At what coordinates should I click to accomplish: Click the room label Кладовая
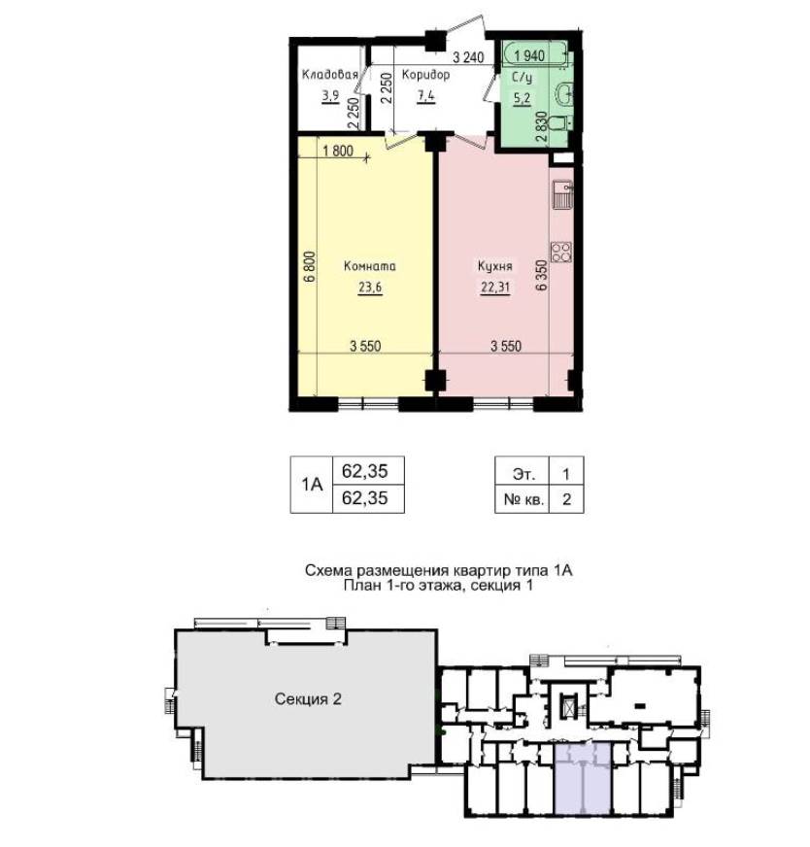(329, 75)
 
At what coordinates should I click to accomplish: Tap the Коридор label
(425, 75)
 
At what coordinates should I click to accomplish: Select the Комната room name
(370, 266)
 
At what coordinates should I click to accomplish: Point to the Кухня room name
(494, 266)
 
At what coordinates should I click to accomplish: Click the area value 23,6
(370, 287)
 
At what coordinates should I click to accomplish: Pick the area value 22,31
(495, 287)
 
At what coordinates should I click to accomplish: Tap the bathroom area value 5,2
(523, 98)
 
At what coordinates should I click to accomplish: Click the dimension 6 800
(310, 267)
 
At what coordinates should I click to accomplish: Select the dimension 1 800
(338, 151)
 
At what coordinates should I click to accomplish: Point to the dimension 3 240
(468, 56)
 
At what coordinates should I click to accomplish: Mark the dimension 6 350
(541, 276)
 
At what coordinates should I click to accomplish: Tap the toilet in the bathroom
(557, 124)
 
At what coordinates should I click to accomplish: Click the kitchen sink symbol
(562, 195)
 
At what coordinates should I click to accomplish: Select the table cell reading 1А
(312, 485)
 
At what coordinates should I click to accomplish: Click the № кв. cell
(523, 499)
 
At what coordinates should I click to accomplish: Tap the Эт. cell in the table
(523, 474)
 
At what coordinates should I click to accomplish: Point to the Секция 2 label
(308, 699)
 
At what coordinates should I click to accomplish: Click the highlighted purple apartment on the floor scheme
(583, 778)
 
